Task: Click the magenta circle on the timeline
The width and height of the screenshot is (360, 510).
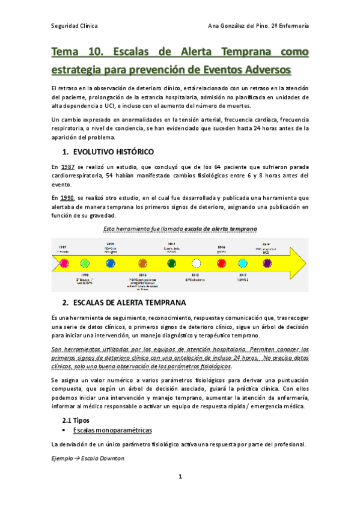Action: (x=61, y=263)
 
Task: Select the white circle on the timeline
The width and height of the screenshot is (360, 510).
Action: (x=196, y=263)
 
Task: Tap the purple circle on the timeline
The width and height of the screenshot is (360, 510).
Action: (x=267, y=263)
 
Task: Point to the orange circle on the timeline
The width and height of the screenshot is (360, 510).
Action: (x=142, y=263)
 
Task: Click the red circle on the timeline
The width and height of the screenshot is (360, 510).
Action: (x=221, y=263)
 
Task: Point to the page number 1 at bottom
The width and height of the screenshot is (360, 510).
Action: (x=180, y=477)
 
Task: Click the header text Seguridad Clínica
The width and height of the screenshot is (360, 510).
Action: (x=75, y=26)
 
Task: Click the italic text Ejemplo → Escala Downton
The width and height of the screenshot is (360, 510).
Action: (x=88, y=458)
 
